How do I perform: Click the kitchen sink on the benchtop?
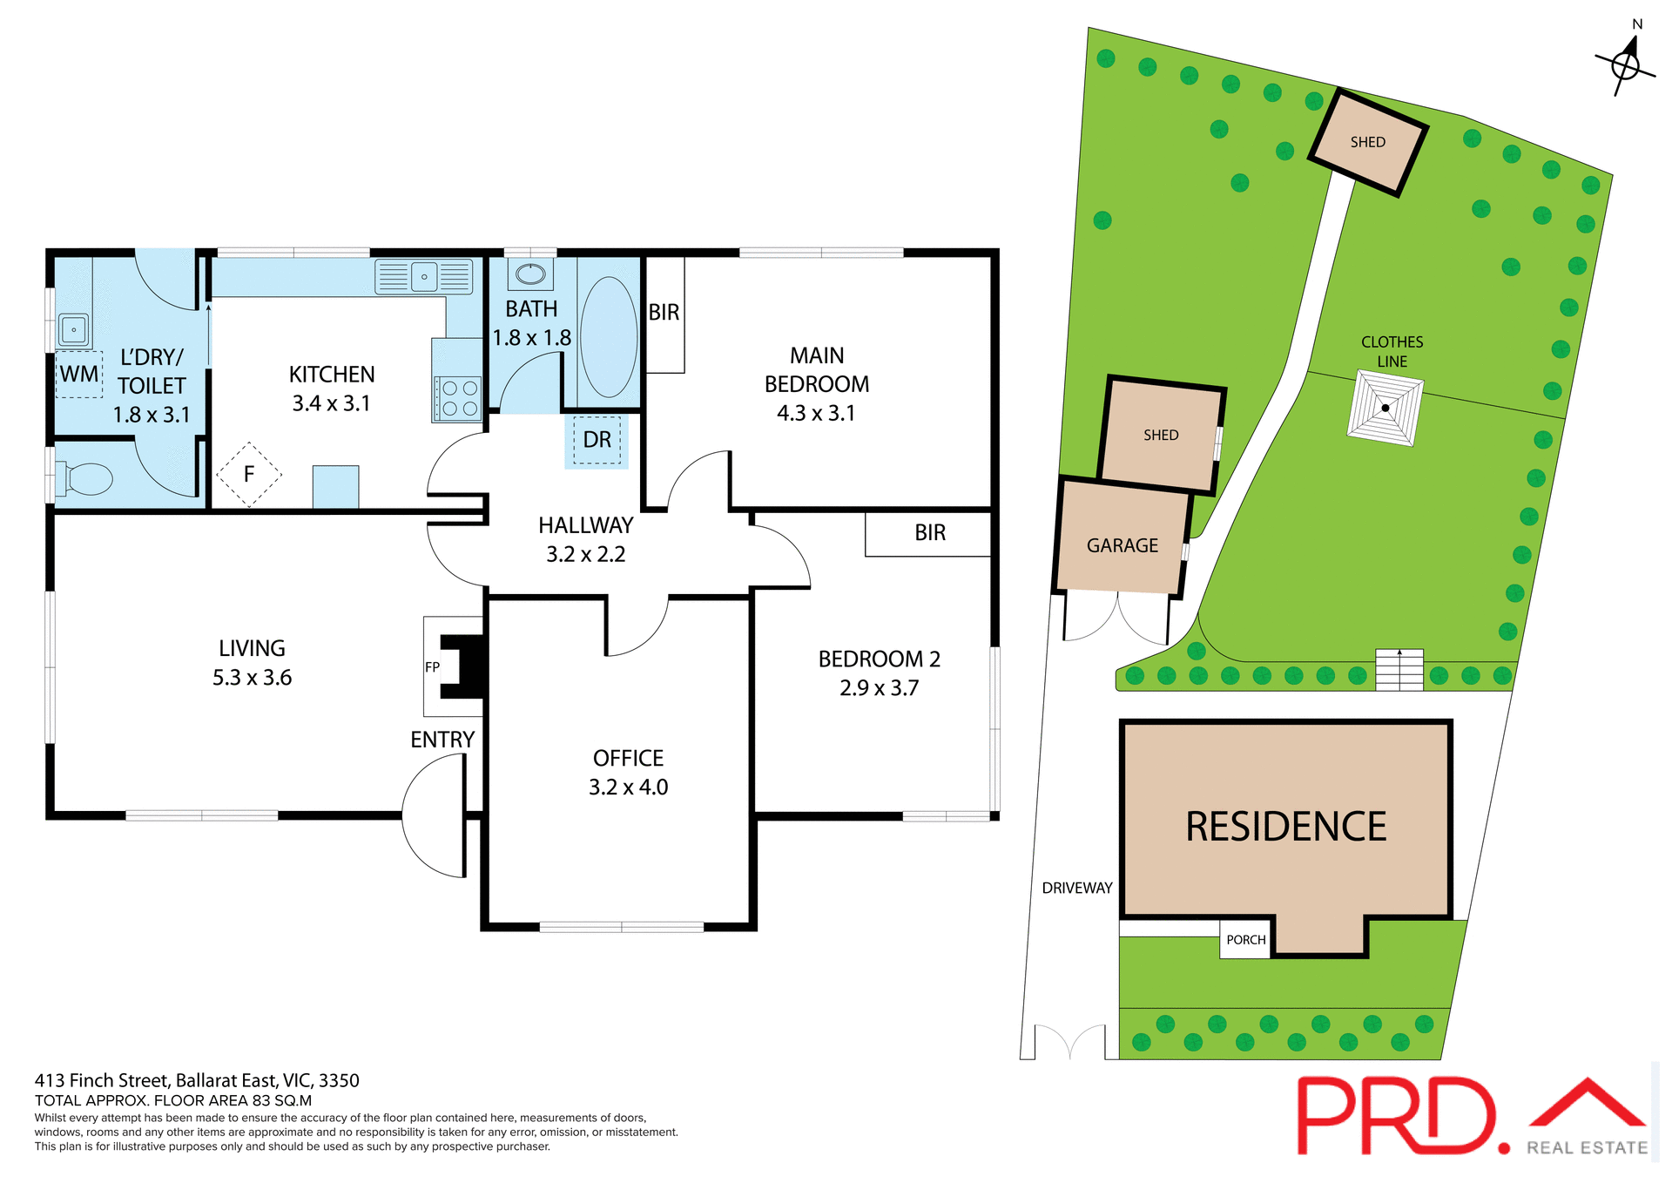click(x=424, y=277)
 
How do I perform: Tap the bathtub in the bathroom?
click(x=609, y=337)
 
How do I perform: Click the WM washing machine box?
click(x=79, y=375)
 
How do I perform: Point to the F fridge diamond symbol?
click(x=249, y=474)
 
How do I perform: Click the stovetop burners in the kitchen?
click(x=459, y=398)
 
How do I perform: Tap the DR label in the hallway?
click(x=597, y=440)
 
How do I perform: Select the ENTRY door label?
click(x=442, y=740)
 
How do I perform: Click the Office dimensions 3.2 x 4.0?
click(x=628, y=788)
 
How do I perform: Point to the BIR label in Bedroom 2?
click(x=929, y=533)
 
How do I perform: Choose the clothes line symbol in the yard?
click(x=1385, y=408)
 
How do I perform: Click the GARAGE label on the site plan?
click(x=1122, y=546)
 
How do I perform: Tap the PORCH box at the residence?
click(x=1245, y=940)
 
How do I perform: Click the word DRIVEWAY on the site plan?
click(x=1077, y=889)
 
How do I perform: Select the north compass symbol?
click(x=1625, y=64)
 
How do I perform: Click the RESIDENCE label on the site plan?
click(x=1285, y=827)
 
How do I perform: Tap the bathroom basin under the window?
click(x=530, y=274)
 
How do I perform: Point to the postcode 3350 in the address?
click(x=339, y=1081)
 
